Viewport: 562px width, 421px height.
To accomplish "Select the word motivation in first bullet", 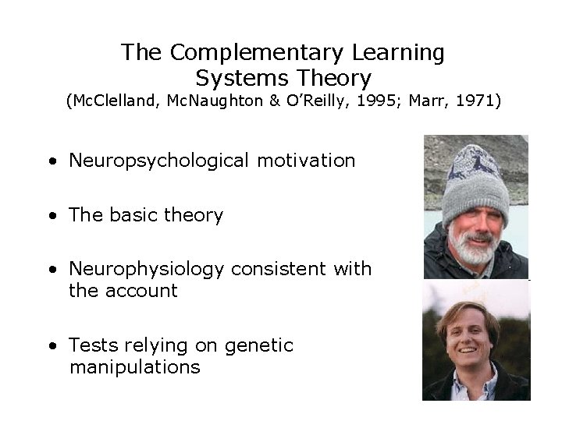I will tap(306, 161).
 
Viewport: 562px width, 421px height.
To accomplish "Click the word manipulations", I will tap(135, 367).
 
